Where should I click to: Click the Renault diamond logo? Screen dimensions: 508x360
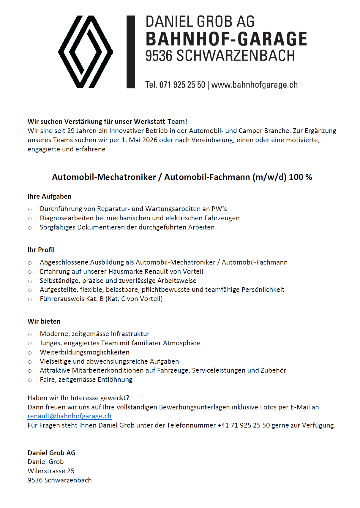coord(86,52)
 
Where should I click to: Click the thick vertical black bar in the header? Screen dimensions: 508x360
coord(131,52)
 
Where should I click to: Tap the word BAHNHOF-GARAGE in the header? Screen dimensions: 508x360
coord(226,39)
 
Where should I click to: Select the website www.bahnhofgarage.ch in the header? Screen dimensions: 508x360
coord(255,85)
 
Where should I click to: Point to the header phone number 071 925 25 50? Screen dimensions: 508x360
coord(182,85)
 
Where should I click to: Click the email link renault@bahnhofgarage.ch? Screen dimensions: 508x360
coord(70,416)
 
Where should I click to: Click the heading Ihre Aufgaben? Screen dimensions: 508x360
coord(50,197)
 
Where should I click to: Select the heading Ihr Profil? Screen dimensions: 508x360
coord(41,250)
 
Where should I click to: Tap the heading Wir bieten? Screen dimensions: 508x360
coord(44,322)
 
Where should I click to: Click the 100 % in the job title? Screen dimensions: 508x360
coord(300,177)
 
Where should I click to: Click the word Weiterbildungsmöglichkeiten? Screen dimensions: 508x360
coord(85,352)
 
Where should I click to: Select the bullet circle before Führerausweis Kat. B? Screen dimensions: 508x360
coord(30,299)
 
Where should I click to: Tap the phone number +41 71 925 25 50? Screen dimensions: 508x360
coord(244,425)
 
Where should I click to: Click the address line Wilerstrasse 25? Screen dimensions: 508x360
coord(51,471)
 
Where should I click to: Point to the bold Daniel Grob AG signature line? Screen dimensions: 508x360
coord(52,453)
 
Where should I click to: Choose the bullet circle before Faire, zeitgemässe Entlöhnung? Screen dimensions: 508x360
coord(30,380)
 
